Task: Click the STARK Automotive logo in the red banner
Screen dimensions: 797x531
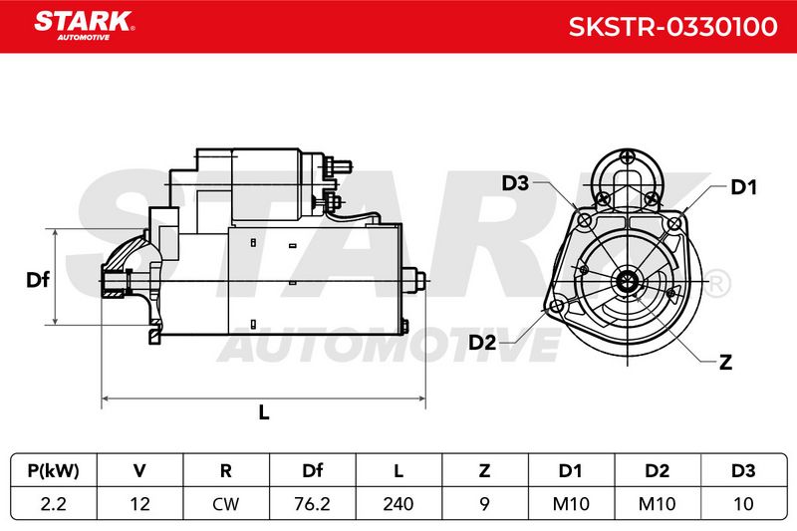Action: tap(84, 26)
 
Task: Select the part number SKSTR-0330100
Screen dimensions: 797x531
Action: tap(673, 27)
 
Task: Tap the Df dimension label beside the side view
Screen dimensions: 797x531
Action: tap(38, 280)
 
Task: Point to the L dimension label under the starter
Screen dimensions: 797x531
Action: tap(264, 412)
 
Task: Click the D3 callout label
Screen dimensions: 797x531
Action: tap(515, 183)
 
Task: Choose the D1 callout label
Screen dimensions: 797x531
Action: tap(743, 187)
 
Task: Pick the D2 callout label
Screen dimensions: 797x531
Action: tap(482, 343)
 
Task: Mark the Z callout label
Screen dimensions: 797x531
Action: tap(726, 363)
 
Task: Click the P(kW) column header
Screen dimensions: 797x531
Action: tap(54, 471)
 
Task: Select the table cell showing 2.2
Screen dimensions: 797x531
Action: tap(54, 504)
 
